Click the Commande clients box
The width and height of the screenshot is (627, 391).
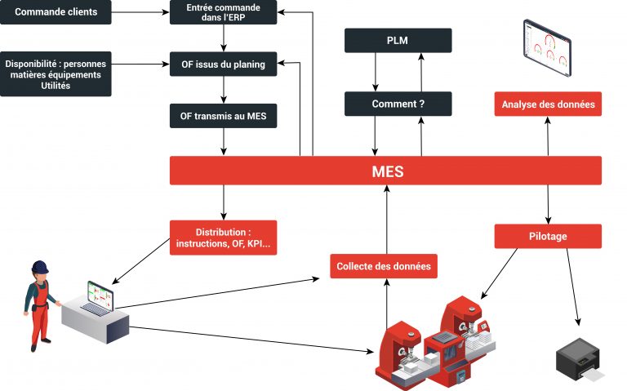(56, 12)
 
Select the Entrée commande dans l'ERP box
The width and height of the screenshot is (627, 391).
(223, 12)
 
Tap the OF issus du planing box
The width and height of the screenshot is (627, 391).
(223, 64)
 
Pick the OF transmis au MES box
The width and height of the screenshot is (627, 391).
(223, 116)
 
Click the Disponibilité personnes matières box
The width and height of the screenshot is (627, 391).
(56, 74)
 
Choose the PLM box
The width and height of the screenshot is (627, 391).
(398, 41)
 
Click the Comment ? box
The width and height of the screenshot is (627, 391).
(398, 104)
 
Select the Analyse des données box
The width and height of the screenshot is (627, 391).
(548, 104)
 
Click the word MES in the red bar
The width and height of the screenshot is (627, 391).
(385, 171)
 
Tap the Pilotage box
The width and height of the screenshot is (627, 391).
(548, 236)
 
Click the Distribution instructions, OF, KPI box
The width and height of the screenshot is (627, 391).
(223, 238)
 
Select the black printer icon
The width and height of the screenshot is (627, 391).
(578, 358)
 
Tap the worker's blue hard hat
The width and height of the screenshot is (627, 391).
(39, 267)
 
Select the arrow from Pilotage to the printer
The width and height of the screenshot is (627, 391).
(572, 286)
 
